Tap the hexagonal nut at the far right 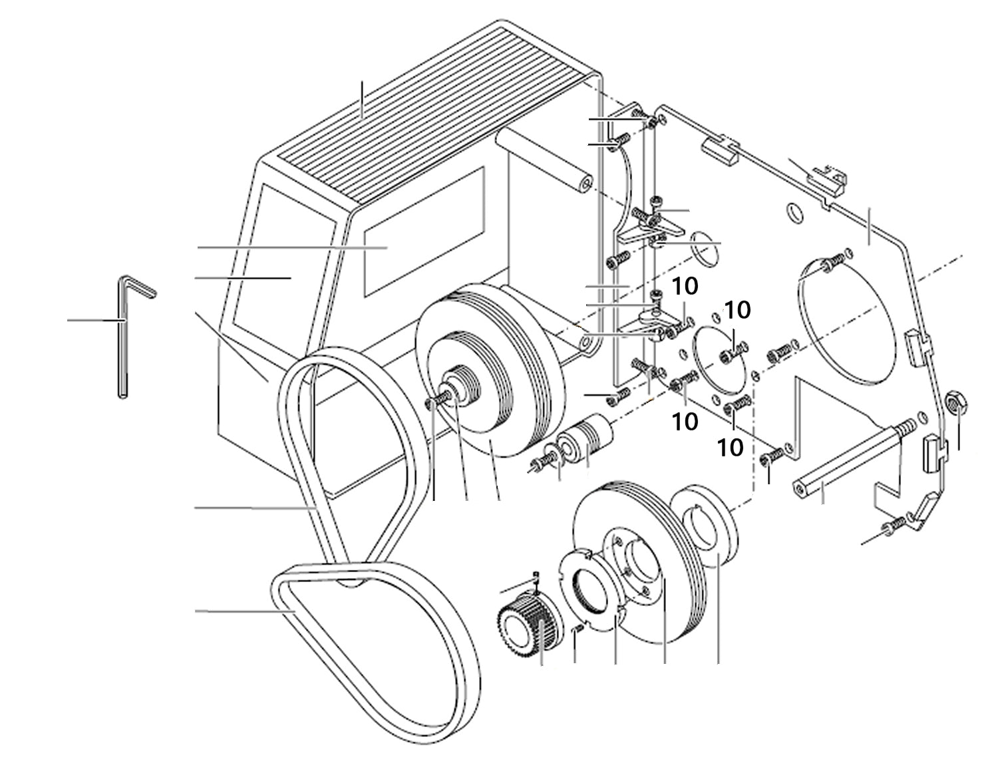[x=957, y=402]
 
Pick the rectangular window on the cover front [x=423, y=232]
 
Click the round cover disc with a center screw [x=722, y=357]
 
